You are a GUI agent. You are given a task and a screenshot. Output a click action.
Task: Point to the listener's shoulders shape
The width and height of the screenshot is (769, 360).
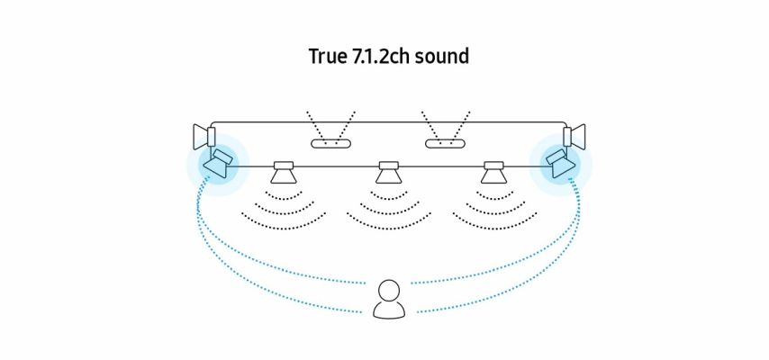[x=389, y=310]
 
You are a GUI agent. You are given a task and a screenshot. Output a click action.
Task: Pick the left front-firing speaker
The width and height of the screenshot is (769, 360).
[x=285, y=171]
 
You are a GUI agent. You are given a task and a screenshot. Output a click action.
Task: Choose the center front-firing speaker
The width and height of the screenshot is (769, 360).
[x=388, y=171]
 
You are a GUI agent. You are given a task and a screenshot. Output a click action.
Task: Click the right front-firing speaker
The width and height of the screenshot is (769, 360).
[x=492, y=171]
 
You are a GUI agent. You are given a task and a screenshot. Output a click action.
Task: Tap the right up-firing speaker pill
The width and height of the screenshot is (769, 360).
[x=443, y=143]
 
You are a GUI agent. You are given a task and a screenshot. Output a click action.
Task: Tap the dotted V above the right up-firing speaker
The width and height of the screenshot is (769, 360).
[x=443, y=124]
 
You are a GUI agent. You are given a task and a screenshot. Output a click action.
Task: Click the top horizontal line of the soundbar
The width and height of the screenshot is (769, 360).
[x=387, y=122]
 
